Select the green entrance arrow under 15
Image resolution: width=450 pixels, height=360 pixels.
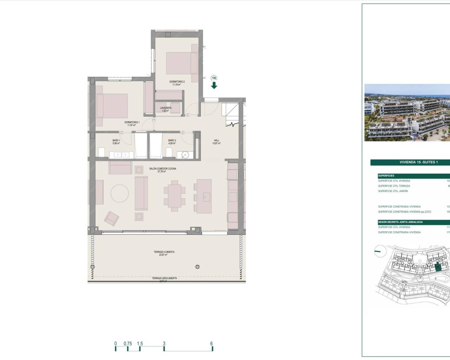(x=214, y=85)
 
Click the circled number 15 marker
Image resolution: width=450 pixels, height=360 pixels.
(x=214, y=78)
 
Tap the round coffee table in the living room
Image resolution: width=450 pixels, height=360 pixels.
(x=120, y=193)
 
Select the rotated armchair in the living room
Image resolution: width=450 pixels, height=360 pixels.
(x=111, y=218)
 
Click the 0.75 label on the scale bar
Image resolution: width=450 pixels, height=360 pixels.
(x=128, y=344)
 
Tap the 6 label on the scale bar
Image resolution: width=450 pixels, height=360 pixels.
(x=212, y=344)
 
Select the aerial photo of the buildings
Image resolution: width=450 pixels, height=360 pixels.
(x=407, y=112)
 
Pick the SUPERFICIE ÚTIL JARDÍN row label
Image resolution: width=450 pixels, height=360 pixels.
(x=393, y=191)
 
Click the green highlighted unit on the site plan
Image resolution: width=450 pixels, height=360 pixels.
(x=437, y=268)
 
